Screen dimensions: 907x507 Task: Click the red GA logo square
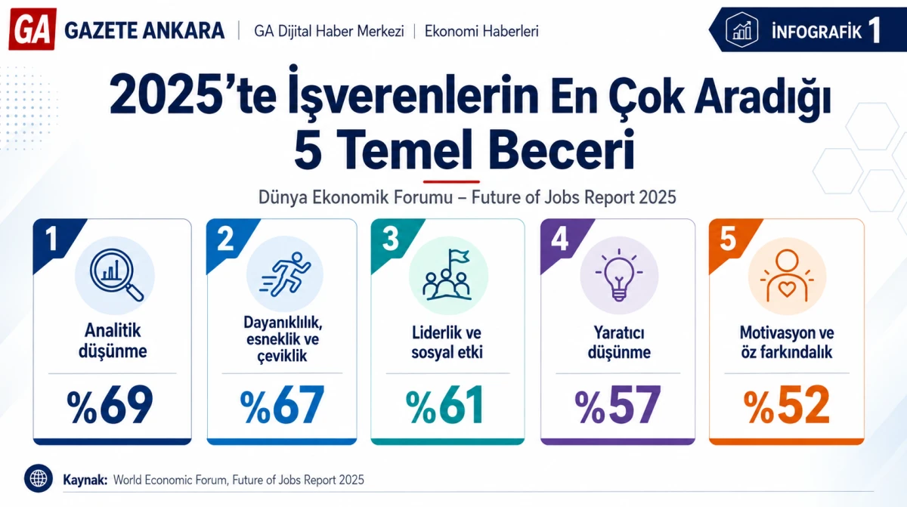click(32, 29)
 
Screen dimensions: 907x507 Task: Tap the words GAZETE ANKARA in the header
click(144, 31)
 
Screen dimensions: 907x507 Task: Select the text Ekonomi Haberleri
click(481, 31)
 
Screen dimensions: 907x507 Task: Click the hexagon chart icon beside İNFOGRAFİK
click(741, 29)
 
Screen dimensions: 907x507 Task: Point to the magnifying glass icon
click(116, 275)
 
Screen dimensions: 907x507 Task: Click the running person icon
click(285, 274)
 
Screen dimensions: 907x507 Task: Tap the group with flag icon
click(447, 275)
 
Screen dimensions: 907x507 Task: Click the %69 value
click(110, 405)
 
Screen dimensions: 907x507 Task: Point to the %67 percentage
click(282, 405)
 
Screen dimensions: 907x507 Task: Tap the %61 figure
click(444, 405)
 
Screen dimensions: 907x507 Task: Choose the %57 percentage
click(618, 405)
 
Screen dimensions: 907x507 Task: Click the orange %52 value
click(786, 405)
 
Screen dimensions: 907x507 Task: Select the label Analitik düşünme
click(113, 341)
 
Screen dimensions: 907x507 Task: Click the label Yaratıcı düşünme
click(619, 342)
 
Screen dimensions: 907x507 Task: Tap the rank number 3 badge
click(390, 239)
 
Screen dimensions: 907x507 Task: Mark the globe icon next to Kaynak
click(39, 478)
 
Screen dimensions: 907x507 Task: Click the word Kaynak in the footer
click(85, 480)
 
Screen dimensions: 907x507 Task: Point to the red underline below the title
click(451, 181)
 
